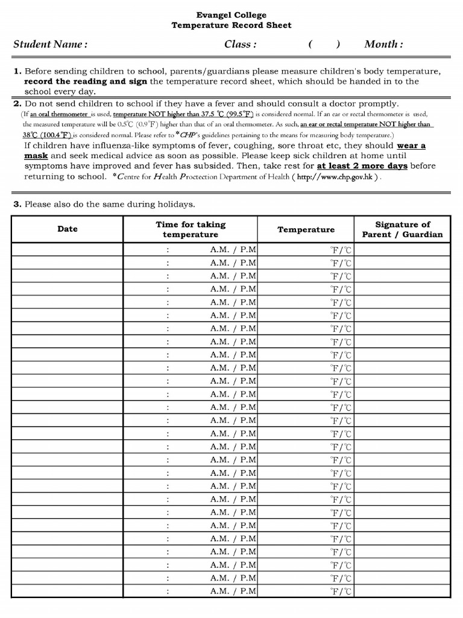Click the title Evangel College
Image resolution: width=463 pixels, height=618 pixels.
point(231,15)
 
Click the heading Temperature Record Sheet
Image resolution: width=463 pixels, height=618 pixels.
point(231,25)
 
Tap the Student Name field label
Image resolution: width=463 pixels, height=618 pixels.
point(51,45)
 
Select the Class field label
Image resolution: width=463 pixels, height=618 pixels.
point(240,45)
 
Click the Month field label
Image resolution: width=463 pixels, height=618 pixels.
point(383,45)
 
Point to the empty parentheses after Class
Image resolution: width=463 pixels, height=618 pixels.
point(324,45)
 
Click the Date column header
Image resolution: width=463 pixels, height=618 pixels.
point(68,229)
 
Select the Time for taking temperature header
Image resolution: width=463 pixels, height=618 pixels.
point(190,229)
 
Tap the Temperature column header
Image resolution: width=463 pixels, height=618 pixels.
point(306,229)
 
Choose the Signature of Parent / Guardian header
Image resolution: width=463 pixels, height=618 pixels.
point(402,229)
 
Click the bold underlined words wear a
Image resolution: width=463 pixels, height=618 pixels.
point(411,145)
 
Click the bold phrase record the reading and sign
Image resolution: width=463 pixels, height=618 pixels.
point(86,81)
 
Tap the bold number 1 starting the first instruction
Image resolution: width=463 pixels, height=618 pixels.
point(17,71)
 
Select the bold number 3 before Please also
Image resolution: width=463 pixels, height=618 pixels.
point(17,204)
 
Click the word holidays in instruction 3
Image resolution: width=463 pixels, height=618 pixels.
point(175,204)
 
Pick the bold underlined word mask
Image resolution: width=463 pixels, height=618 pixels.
point(36,156)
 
